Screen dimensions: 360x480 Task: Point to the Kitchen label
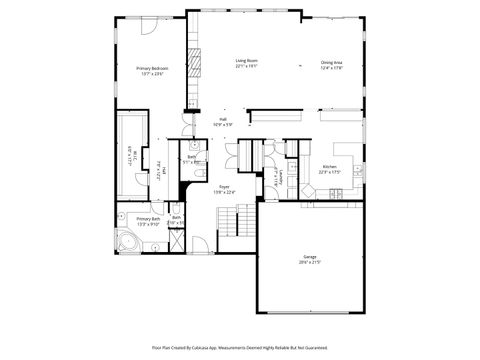click(x=329, y=167)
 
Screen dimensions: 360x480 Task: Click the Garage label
click(x=310, y=257)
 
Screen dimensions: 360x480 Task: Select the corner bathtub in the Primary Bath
click(x=128, y=244)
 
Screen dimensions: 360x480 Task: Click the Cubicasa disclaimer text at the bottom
click(x=240, y=347)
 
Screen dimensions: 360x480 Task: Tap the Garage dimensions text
click(x=310, y=263)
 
